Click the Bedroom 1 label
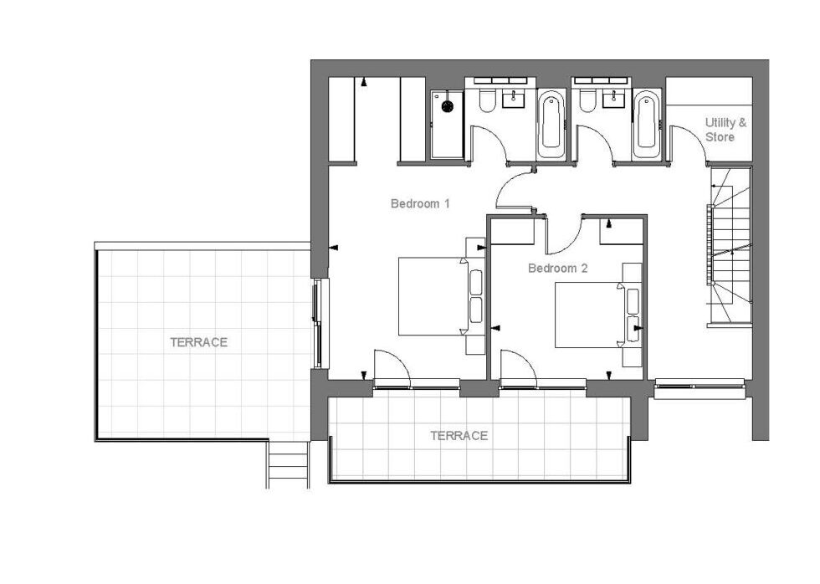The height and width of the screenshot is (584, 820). click(420, 203)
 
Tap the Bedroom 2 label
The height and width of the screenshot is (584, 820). click(557, 269)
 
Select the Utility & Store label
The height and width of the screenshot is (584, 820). click(726, 130)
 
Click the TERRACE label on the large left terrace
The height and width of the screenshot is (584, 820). click(199, 342)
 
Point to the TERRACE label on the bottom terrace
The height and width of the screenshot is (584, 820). click(459, 436)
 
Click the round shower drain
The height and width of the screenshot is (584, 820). click(447, 106)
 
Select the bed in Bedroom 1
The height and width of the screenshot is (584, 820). click(433, 296)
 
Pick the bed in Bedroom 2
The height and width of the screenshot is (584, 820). click(590, 315)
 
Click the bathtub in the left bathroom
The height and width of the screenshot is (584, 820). click(551, 125)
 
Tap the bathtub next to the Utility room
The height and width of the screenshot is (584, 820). click(646, 125)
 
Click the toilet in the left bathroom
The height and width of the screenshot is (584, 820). click(486, 101)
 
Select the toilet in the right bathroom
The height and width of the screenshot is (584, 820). click(587, 101)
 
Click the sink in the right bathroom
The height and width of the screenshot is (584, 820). click(614, 98)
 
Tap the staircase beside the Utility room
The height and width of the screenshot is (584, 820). click(730, 246)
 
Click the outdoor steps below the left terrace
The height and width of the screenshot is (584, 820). click(287, 465)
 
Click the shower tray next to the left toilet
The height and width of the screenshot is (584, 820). click(447, 125)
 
